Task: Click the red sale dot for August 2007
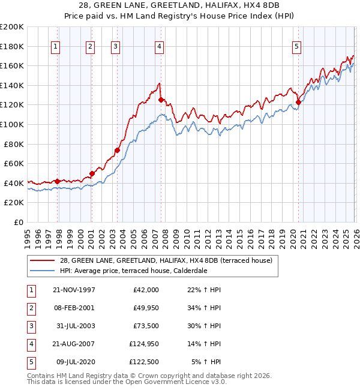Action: point(161,100)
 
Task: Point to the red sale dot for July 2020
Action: point(298,103)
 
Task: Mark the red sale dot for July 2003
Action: point(117,150)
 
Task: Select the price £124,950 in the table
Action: point(144,344)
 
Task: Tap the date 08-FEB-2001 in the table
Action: point(74,308)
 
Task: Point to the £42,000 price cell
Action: point(146,290)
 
